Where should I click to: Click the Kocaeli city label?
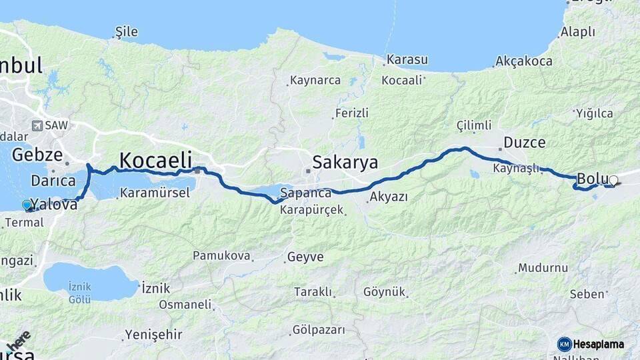coord(155,160)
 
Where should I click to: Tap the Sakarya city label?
coord(345,162)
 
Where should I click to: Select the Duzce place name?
coord(524,142)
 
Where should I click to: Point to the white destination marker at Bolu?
coord(613,179)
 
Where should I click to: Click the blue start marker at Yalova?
coord(27,205)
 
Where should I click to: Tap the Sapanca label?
coord(306,193)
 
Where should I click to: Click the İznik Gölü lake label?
coord(80,293)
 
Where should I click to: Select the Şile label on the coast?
coord(126,31)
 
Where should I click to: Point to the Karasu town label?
coord(407,59)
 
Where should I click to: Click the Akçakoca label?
coord(525,61)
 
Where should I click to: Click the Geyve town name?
coord(305,257)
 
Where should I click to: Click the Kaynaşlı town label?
coord(516,168)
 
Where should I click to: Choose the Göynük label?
coord(385,292)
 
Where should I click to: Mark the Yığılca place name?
coord(594,113)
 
